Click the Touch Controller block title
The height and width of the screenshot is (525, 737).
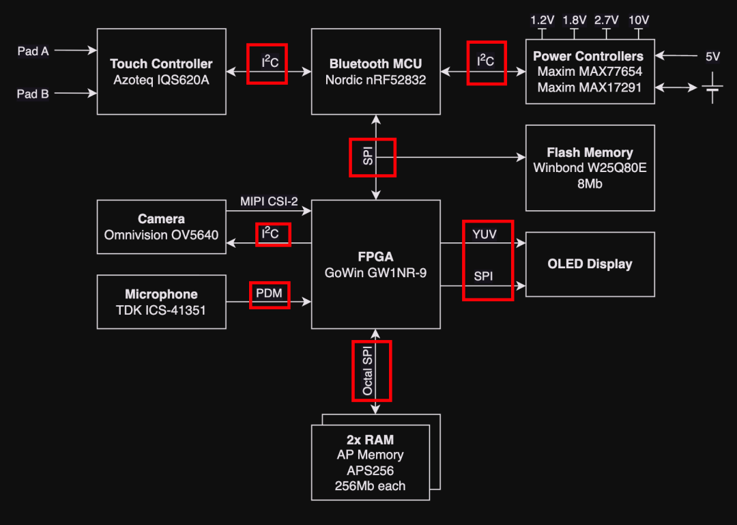click(161, 63)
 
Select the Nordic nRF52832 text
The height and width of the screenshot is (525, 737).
click(375, 80)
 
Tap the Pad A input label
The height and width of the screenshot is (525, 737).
click(33, 51)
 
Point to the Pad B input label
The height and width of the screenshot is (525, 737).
click(33, 94)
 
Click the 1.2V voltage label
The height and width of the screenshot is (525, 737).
click(543, 20)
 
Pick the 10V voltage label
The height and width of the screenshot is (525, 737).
click(639, 20)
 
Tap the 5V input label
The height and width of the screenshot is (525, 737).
click(712, 57)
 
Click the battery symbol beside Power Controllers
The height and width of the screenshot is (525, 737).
click(712, 87)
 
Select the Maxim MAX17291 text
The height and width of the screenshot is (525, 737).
click(590, 87)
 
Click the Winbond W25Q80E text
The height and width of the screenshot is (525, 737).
click(590, 168)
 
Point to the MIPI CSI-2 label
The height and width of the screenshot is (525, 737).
click(269, 201)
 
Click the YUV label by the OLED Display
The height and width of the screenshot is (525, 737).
click(485, 234)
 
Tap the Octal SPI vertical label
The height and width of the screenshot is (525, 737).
click(368, 371)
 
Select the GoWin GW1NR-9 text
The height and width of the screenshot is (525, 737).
click(375, 272)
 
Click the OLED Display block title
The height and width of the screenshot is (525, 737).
click(590, 264)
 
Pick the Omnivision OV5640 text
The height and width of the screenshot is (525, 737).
click(161, 235)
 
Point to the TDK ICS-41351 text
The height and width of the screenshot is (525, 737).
click(161, 310)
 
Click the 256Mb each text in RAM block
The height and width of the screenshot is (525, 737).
click(370, 486)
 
